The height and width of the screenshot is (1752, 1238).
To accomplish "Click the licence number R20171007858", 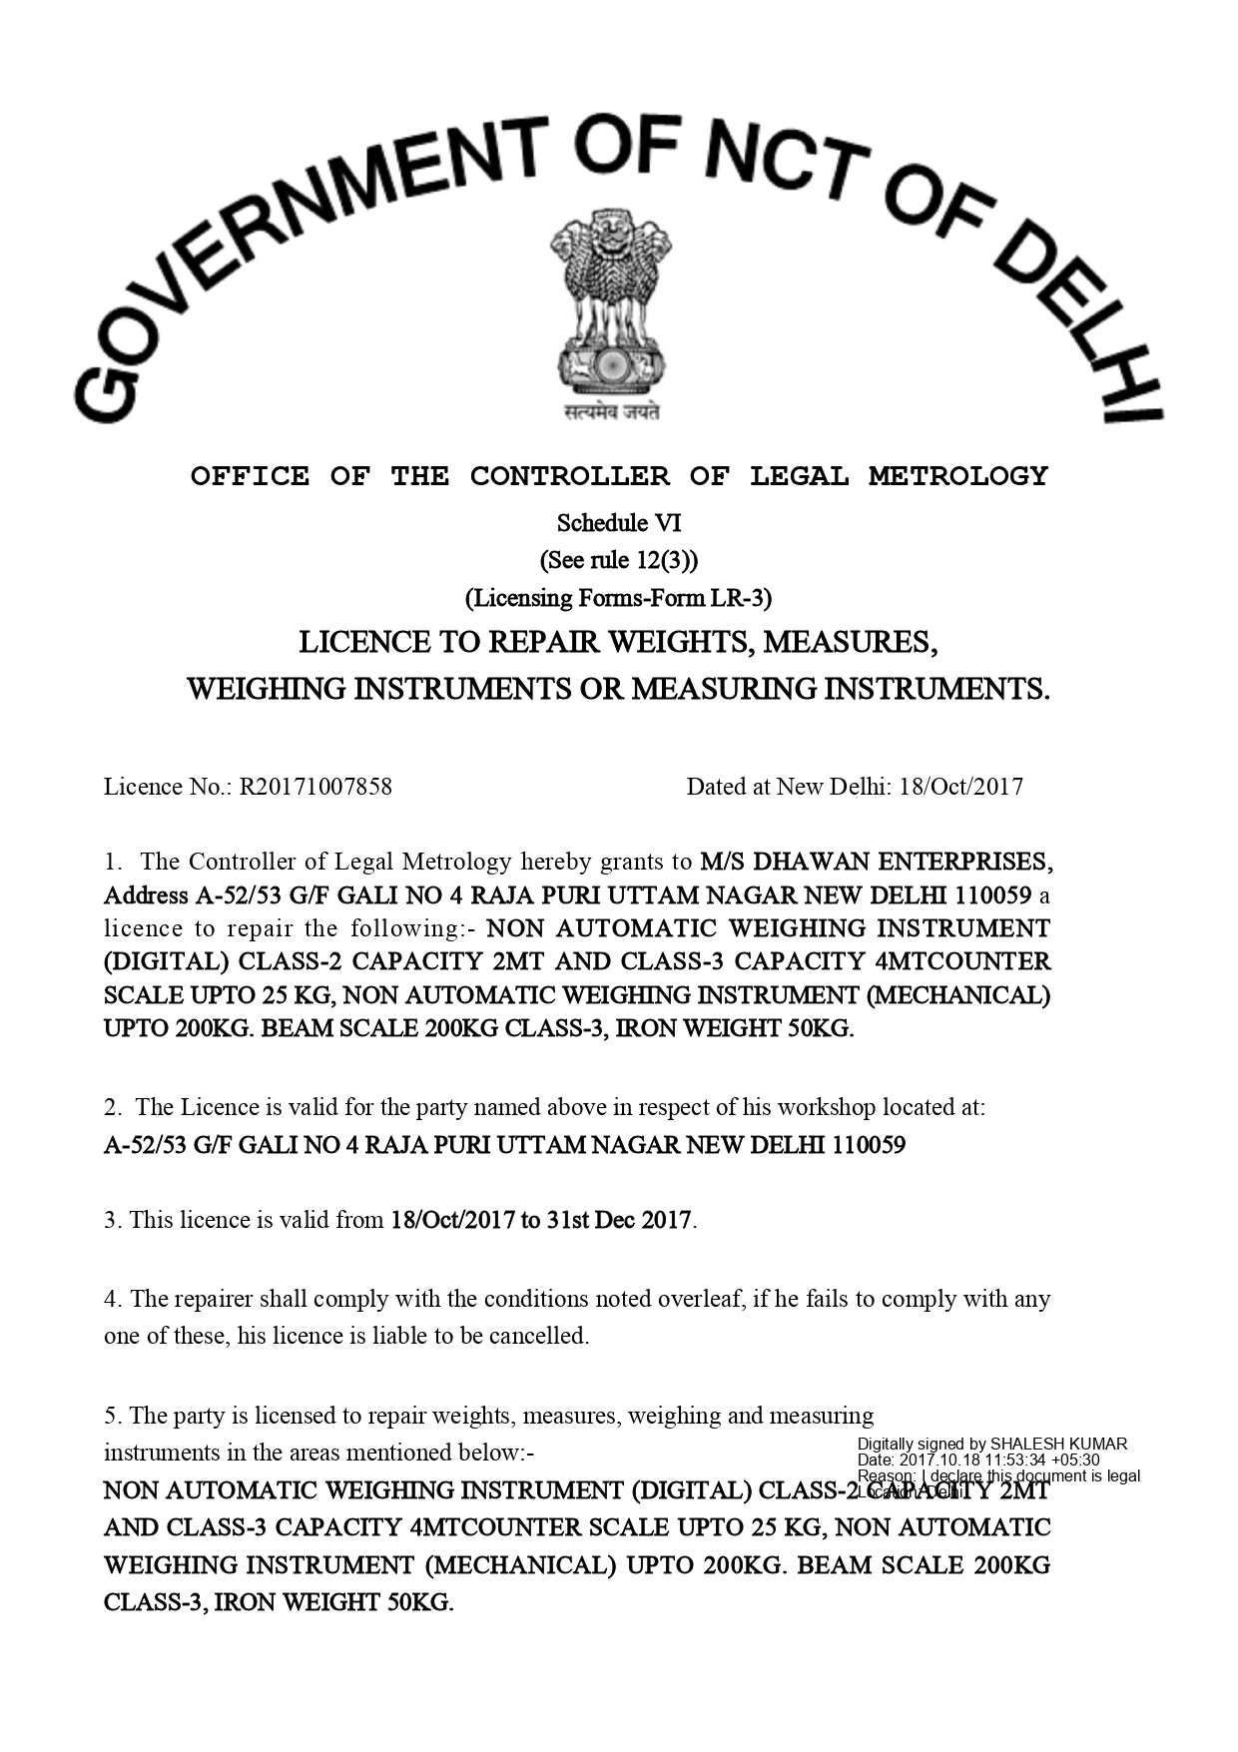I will [315, 787].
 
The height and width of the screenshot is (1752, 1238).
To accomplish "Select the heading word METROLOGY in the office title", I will [958, 476].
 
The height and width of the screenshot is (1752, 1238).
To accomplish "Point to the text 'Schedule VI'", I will [619, 523].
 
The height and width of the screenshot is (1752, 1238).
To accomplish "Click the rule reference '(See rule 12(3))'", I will [619, 560].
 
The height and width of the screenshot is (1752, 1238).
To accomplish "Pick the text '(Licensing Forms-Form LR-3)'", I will [619, 598].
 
